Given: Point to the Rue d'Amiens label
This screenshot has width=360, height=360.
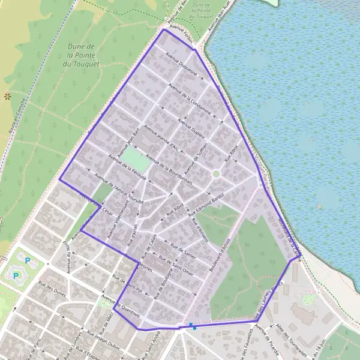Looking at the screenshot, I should tap(199, 230).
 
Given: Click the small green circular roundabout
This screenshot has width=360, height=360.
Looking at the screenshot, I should tap(216, 173).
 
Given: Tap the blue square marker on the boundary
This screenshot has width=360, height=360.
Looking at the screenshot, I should tap(192, 326).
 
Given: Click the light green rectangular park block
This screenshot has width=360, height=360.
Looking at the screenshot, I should tap(137, 160).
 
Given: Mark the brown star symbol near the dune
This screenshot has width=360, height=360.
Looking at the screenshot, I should tap(7, 95).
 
